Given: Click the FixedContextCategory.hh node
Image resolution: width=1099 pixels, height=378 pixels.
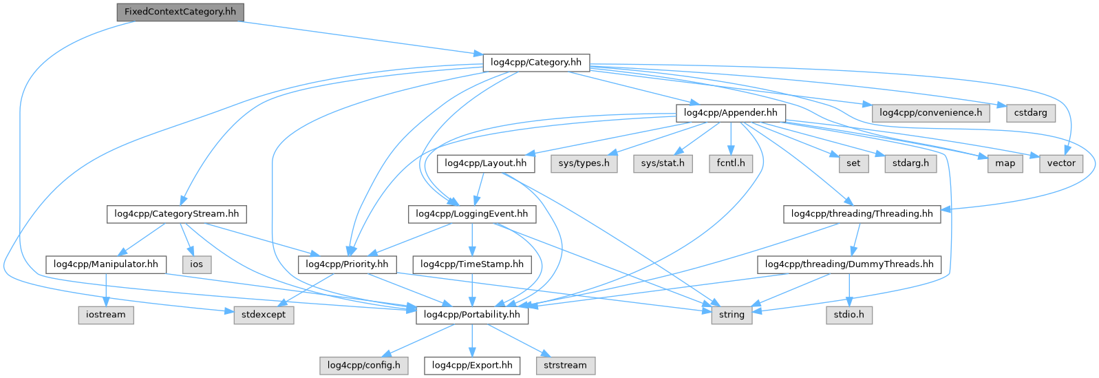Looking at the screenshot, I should coord(180,12).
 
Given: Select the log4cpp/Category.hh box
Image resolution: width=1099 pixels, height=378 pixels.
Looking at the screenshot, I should coord(536,62).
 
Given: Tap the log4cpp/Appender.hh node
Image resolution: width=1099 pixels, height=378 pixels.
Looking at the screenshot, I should coord(731,112).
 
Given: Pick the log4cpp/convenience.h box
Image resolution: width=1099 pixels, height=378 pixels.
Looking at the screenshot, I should coord(930,112).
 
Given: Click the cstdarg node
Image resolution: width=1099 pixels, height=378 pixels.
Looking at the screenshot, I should coord(1030,112).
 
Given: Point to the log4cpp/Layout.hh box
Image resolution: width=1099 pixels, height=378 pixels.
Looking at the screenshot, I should coord(486,163).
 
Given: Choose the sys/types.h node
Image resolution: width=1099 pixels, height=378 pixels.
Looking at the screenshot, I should coord(584,163).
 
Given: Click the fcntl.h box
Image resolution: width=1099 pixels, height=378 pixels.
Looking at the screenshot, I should coord(731,163).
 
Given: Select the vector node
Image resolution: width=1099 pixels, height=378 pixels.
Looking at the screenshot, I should coord(1061,163).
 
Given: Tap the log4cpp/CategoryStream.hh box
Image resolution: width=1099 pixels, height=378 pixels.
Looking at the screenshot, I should coord(177,213).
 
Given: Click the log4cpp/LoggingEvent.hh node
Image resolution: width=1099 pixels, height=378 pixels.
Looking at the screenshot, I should coord(472,213).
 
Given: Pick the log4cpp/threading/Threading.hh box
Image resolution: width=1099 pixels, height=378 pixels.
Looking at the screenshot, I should coord(862,213).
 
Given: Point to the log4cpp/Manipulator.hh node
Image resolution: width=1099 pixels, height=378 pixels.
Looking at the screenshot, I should coord(106,264).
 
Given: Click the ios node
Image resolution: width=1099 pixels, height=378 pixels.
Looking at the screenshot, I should coord(196,264).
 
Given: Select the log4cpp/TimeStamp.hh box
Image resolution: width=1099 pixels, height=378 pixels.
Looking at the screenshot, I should coord(472,264).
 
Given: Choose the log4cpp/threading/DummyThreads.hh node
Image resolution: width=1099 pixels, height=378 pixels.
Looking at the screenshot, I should coord(849,264).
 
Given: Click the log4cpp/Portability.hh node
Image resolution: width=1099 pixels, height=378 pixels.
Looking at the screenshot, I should coord(472,315).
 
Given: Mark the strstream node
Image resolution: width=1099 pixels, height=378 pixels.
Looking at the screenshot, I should coord(565,365).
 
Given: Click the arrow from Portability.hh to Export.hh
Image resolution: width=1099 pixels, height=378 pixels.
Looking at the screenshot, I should coord(472,340).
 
